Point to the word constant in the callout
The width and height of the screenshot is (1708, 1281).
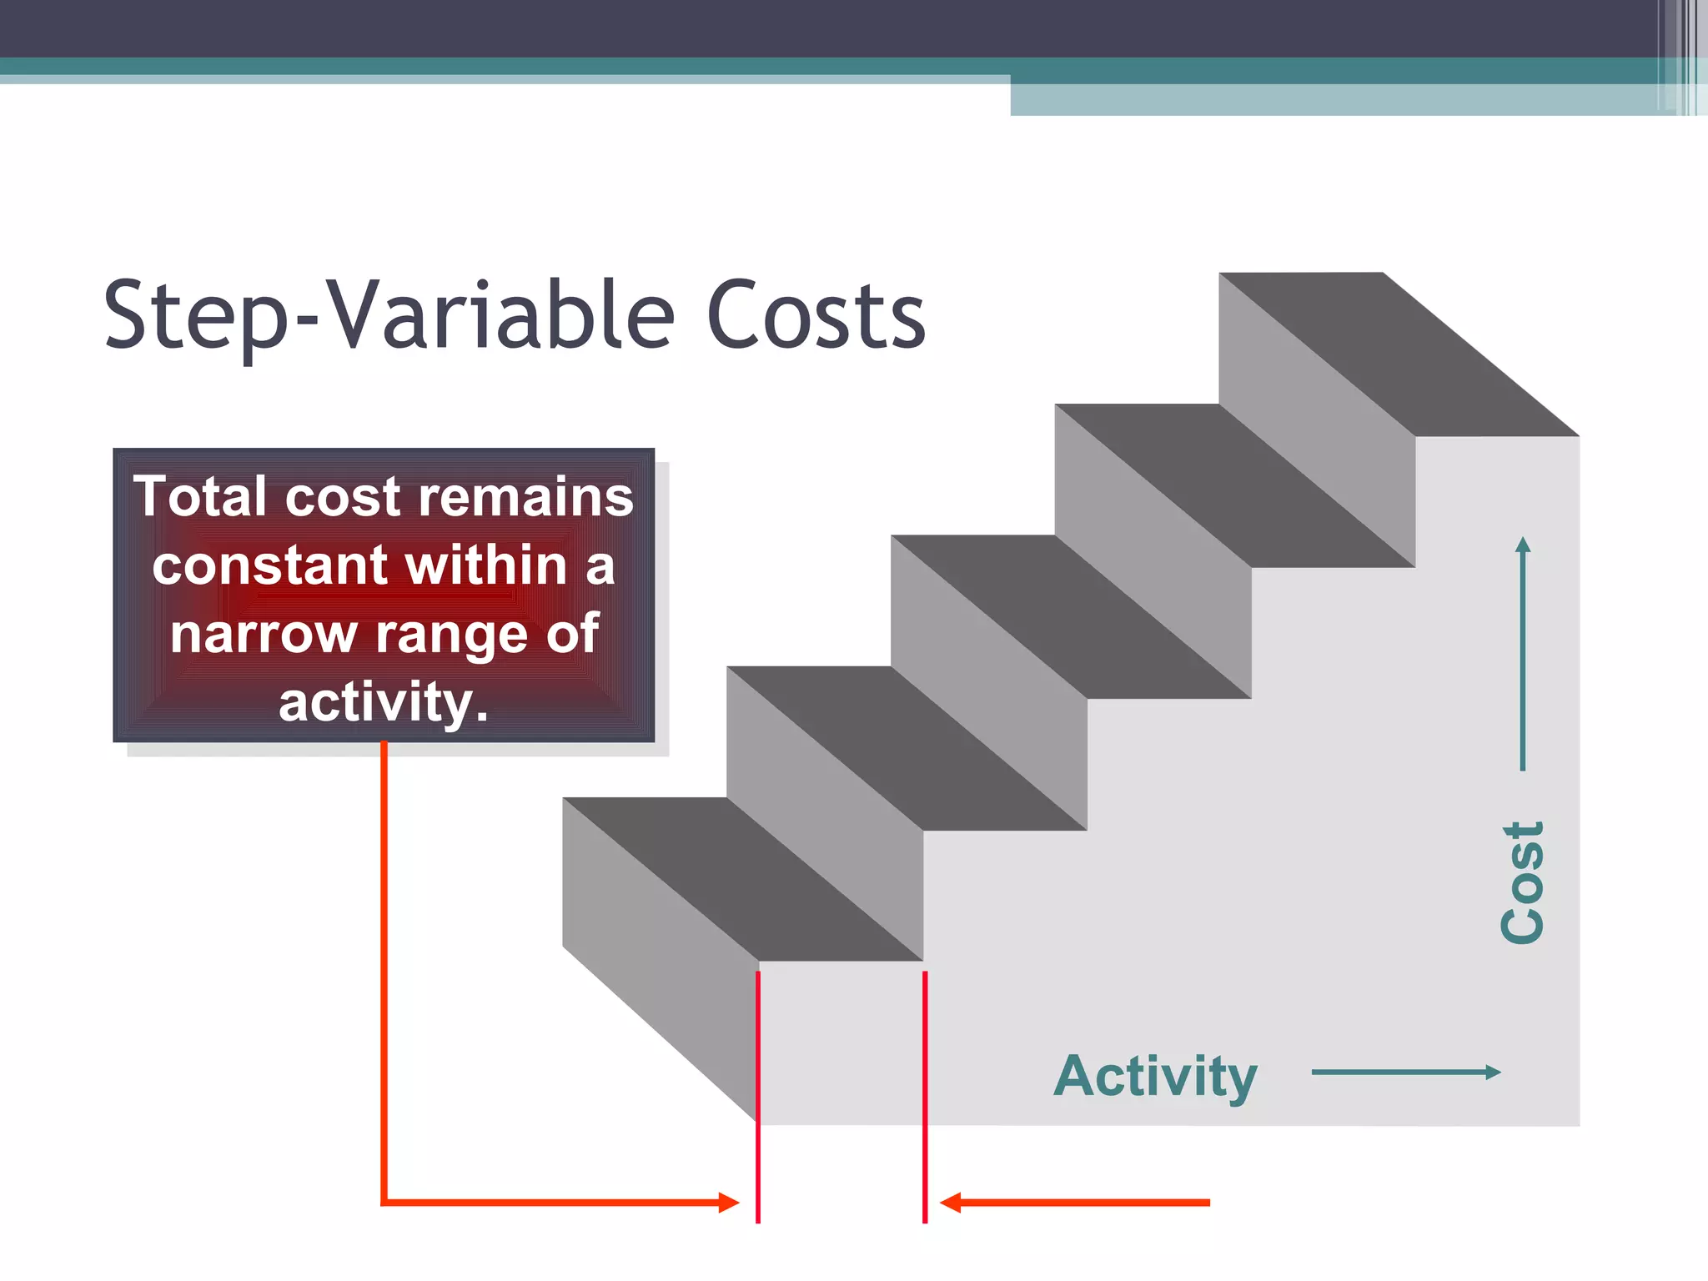[269, 565]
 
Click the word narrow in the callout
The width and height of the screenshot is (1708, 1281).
[263, 634]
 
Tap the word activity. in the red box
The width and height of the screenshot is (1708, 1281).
[384, 702]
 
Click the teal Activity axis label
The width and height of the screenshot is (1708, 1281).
[1155, 1076]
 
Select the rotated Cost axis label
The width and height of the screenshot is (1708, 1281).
[1523, 882]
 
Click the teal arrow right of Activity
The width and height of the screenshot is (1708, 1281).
[1406, 1073]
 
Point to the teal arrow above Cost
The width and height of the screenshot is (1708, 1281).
[1523, 654]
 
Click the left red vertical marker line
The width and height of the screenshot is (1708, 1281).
[758, 1097]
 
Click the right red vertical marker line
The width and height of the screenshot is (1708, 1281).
[925, 1097]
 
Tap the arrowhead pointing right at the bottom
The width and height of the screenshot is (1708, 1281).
[729, 1203]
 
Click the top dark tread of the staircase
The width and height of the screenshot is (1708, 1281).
[1399, 354]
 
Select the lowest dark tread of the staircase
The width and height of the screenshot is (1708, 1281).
[742, 879]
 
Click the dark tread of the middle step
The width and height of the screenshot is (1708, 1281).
[1071, 616]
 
